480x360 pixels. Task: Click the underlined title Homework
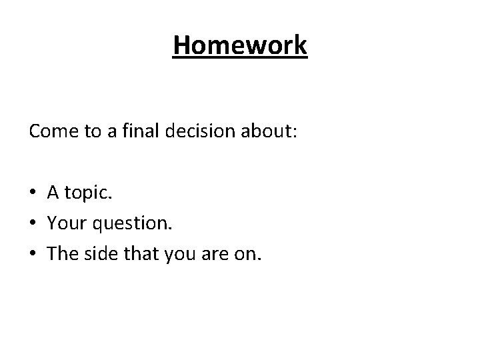pyautogui.click(x=240, y=46)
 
